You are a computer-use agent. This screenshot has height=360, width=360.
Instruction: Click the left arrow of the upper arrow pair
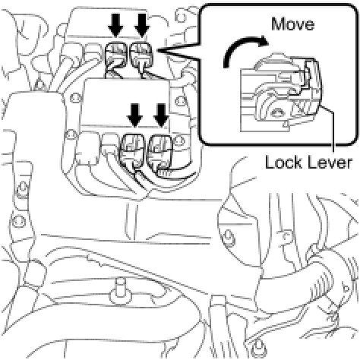115,25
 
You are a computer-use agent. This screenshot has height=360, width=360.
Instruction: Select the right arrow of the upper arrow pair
142,25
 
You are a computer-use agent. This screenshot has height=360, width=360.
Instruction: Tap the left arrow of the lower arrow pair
135,115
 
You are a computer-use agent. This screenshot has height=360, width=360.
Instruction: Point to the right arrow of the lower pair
161,115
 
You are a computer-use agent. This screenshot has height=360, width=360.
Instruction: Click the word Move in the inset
293,24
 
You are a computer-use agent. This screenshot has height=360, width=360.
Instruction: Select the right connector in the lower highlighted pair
160,151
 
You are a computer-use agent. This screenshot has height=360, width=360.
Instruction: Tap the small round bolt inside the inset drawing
276,112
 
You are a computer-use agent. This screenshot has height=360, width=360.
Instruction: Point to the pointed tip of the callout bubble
157,51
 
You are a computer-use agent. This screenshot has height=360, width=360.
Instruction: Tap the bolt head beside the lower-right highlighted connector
179,141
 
